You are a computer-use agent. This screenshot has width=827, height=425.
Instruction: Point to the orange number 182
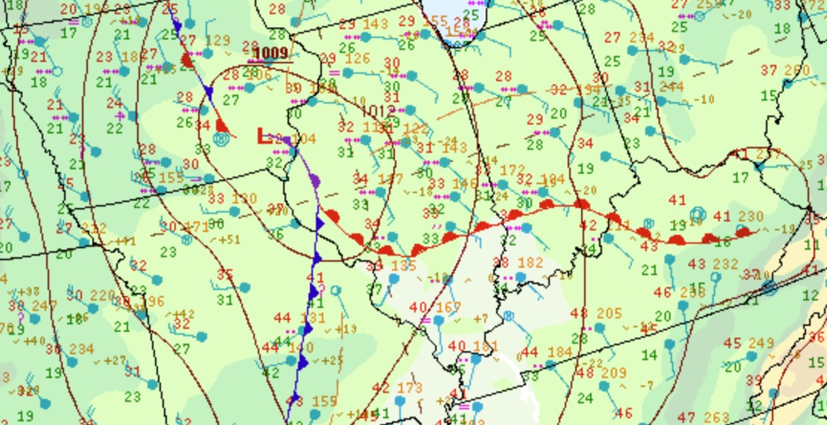530,262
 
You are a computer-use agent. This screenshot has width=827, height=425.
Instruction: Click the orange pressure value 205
609,313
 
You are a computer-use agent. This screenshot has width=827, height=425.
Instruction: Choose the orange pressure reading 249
761,343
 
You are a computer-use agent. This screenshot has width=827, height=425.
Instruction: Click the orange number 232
725,264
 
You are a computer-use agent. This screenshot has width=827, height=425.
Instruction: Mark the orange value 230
751,216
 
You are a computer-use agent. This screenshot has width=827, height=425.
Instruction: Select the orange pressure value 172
513,171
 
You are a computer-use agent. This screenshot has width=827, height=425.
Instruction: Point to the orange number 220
104,295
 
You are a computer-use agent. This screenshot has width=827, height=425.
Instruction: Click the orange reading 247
45,306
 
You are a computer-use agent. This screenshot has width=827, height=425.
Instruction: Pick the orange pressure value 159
324,401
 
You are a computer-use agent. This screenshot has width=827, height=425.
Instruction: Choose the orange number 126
358,58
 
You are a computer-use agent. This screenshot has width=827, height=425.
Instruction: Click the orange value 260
796,71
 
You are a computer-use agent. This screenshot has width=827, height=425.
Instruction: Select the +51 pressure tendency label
224,239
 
